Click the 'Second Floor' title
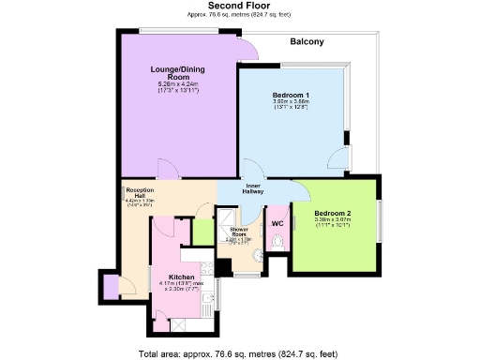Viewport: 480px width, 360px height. point(240,6)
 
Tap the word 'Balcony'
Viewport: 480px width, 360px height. point(307,42)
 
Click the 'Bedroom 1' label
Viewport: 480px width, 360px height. point(291,96)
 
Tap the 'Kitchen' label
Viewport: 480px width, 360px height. point(181,277)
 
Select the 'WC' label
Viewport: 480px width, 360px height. point(277,224)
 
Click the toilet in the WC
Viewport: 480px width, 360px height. point(278,242)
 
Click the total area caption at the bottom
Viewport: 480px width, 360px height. point(240,353)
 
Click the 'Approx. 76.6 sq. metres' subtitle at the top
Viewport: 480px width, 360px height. point(240,16)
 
